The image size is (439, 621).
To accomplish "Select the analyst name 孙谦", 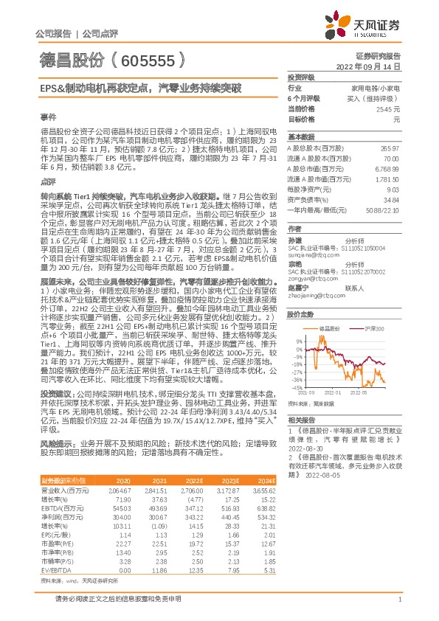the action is tap(294, 241).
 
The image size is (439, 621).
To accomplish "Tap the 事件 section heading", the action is tap(46, 117).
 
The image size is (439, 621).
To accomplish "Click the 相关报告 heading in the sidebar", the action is tap(300, 418).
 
